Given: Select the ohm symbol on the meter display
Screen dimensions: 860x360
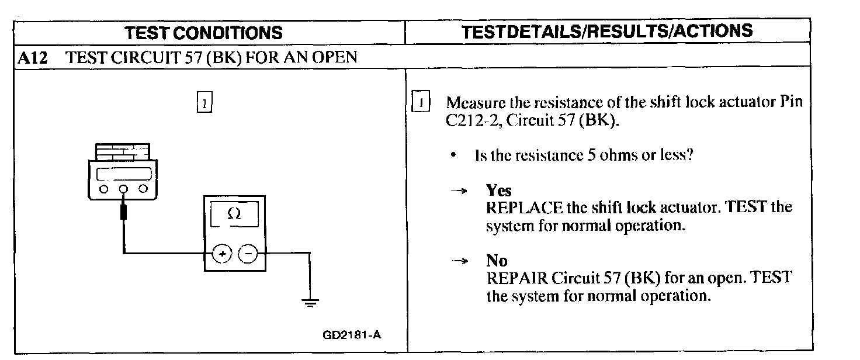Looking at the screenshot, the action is pyautogui.click(x=234, y=214).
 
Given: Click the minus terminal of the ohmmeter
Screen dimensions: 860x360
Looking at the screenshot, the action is pyautogui.click(x=248, y=254).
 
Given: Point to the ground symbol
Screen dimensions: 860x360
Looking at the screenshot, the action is pyautogui.click(x=309, y=302).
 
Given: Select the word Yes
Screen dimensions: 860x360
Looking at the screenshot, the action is pyautogui.click(x=498, y=191).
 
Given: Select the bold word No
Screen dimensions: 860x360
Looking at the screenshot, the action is pyautogui.click(x=497, y=260).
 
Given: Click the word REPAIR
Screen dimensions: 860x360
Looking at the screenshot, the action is pyautogui.click(x=516, y=278).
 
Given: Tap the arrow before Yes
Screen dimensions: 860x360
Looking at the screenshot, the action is pyautogui.click(x=462, y=191).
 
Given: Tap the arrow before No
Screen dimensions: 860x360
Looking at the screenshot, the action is pyautogui.click(x=462, y=261).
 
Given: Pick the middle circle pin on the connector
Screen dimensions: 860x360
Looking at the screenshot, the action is pyautogui.click(x=124, y=189).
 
